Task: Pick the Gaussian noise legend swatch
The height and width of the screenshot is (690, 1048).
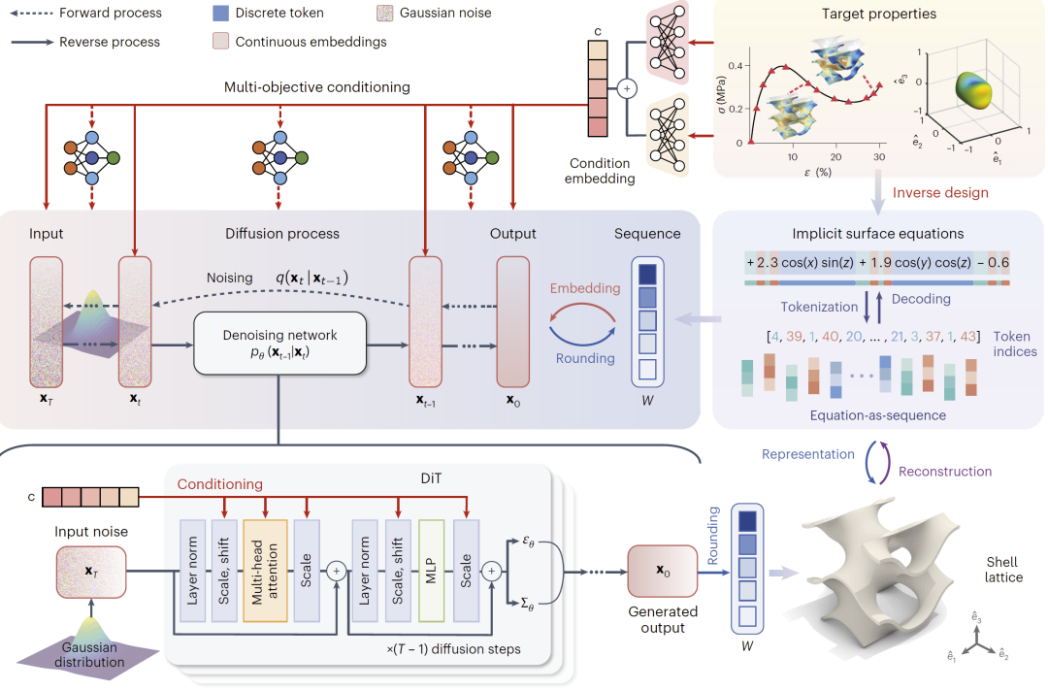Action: click(386, 14)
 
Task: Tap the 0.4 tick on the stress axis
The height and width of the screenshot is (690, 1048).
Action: click(738, 66)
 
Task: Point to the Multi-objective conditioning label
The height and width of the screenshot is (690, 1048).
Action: click(317, 87)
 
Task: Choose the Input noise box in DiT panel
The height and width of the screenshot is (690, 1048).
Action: click(90, 572)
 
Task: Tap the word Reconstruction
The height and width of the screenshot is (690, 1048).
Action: click(945, 472)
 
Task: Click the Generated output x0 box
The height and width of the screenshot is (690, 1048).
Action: click(662, 571)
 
